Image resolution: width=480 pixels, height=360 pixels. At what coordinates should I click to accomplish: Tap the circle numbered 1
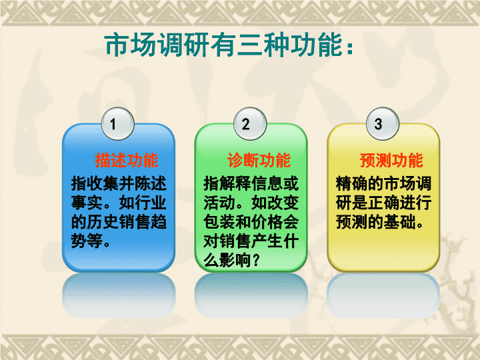(x=118, y=124)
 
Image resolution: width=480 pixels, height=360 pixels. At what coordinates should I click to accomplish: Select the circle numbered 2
(x=250, y=124)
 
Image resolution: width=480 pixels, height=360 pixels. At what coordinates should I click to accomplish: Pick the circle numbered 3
(x=383, y=124)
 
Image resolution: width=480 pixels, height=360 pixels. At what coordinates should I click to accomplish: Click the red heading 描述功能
(x=127, y=161)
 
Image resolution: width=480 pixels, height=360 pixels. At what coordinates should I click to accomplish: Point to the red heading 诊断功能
(x=259, y=161)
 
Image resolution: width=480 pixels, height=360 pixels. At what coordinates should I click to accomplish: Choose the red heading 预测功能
(x=391, y=161)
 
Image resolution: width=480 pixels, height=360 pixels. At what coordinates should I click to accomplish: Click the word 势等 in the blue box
(x=87, y=241)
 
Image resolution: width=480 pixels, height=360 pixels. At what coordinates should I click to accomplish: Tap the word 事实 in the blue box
(x=87, y=203)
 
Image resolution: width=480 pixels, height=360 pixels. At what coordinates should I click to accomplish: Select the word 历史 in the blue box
(x=103, y=222)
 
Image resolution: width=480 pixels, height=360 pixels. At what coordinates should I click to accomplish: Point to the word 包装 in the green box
(x=219, y=222)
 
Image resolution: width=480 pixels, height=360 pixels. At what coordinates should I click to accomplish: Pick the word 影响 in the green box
(x=235, y=260)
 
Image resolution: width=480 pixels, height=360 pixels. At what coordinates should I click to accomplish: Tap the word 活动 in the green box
(x=219, y=203)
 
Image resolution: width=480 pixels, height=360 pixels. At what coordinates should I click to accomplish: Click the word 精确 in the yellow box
(x=352, y=184)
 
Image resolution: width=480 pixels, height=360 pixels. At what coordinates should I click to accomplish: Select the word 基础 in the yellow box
(x=399, y=222)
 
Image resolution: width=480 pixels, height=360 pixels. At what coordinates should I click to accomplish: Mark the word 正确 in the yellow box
(x=383, y=203)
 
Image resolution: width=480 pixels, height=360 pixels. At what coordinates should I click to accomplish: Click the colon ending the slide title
(x=350, y=49)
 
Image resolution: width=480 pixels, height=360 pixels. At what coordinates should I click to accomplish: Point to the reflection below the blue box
(x=119, y=295)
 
